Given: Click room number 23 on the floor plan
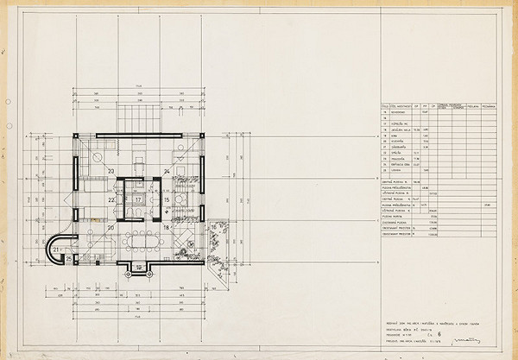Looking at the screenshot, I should [111, 171].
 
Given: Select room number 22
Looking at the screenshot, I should [111, 199].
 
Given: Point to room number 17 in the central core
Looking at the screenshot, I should [138, 199].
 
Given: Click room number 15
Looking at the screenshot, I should [167, 199].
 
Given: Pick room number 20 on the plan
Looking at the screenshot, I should [111, 228].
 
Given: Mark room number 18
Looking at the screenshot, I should [167, 228].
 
